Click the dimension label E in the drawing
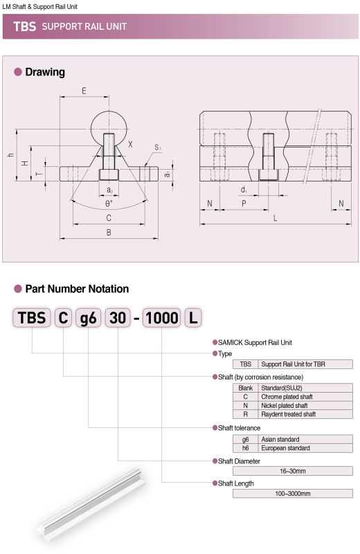[x=84, y=91]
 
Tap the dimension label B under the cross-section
[x=109, y=233]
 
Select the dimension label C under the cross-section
[x=109, y=218]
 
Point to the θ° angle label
[x=109, y=204]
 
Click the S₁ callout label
[x=158, y=148]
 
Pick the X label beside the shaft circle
[x=130, y=144]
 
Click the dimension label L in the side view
[x=276, y=218]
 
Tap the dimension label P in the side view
[x=244, y=204]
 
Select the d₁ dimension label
[x=244, y=190]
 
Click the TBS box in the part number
[x=32, y=317]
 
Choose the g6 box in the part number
[x=89, y=317]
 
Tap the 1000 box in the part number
[x=162, y=317]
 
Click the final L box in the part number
[x=193, y=317]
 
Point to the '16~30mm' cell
[x=293, y=471]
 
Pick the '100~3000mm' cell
[x=293, y=494]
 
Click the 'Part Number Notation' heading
[x=77, y=289]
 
